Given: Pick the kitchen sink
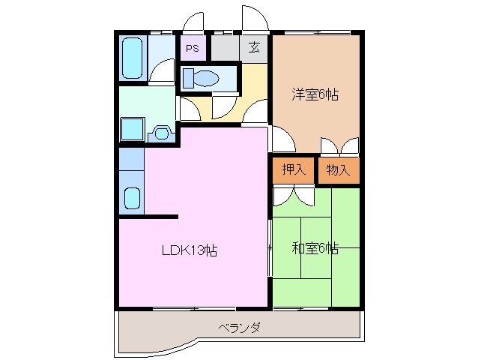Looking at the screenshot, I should pyautogui.click(x=131, y=199).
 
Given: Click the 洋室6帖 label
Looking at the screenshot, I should pyautogui.click(x=315, y=94).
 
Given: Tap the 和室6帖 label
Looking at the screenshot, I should pyautogui.click(x=315, y=247).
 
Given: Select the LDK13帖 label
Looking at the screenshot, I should pyautogui.click(x=190, y=251).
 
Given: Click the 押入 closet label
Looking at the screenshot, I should pyautogui.click(x=294, y=169).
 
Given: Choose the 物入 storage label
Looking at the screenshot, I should pyautogui.click(x=338, y=169).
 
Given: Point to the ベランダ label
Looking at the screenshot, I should pyautogui.click(x=240, y=328).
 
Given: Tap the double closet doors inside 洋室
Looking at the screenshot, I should pyautogui.click(x=339, y=145).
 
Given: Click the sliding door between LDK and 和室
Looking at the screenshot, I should pyautogui.click(x=270, y=247).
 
